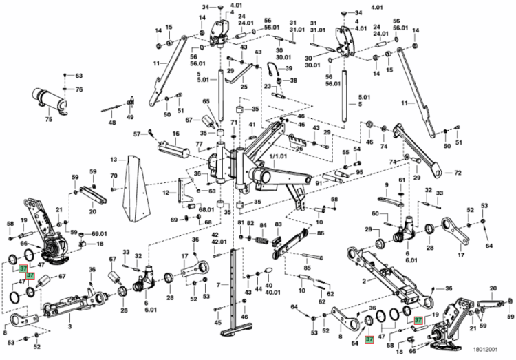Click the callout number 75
click(48, 120)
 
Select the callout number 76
click(78, 89)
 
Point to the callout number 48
click(112, 123)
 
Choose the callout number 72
click(457, 173)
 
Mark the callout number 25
click(244, 87)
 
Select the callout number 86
click(301, 234)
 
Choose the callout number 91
click(319, 183)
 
